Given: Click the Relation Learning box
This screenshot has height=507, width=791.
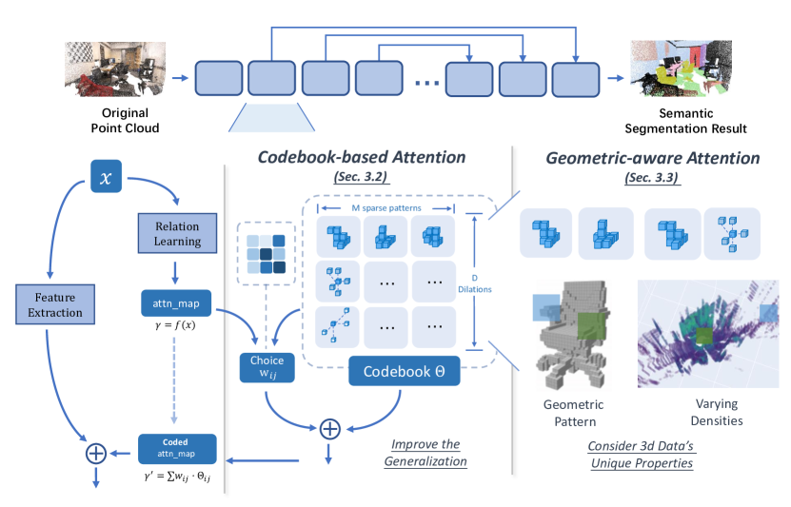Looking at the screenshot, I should click(x=178, y=234).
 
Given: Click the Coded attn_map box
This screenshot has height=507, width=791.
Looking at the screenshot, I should click(x=177, y=447).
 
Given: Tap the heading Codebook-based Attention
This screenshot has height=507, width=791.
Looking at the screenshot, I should click(x=362, y=157).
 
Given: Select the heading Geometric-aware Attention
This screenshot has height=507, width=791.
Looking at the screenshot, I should click(x=653, y=158).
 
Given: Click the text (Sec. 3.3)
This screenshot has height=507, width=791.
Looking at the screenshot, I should click(x=653, y=177).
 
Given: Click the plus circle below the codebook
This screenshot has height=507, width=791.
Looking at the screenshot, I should click(x=328, y=428).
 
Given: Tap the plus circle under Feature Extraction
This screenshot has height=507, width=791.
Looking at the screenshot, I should click(x=95, y=453).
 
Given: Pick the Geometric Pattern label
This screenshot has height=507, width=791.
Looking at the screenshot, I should click(x=572, y=413).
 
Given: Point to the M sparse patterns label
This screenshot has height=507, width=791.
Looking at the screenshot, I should click(x=388, y=208).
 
